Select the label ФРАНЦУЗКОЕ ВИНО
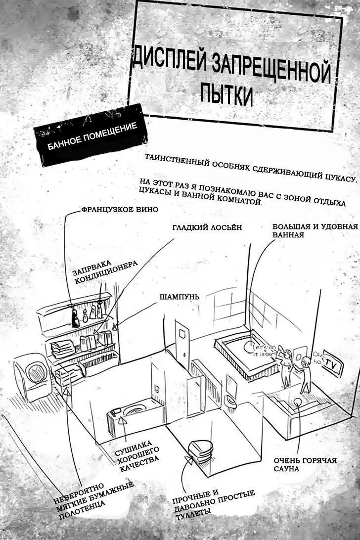pyautogui.click(x=119, y=210)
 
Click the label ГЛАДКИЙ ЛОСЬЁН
pyautogui.click(x=207, y=228)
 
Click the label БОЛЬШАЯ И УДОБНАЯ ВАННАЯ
pyautogui.click(x=315, y=231)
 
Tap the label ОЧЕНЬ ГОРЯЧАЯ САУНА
pyautogui.click(x=305, y=464)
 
